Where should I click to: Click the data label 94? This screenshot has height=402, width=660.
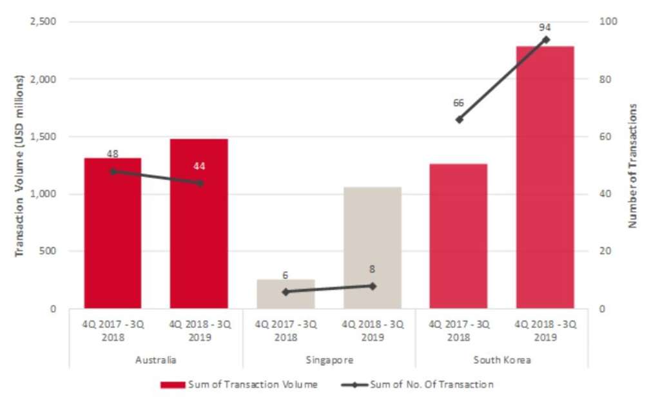545,27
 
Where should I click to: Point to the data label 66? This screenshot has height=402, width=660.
459,102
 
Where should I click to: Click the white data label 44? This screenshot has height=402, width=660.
199,166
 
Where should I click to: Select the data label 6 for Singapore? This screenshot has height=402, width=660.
285,276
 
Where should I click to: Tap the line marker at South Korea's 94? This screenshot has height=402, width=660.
545,39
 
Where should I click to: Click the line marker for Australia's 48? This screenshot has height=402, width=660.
113,171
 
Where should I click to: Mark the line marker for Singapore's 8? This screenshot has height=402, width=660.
372,285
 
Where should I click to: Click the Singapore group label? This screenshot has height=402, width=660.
329,360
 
